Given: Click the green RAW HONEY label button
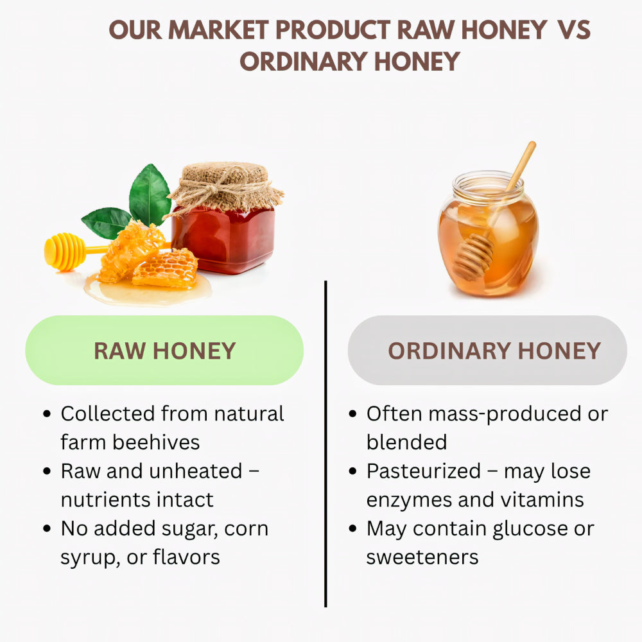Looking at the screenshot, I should pyautogui.click(x=164, y=351).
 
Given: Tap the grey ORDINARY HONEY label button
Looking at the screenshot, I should pyautogui.click(x=487, y=351).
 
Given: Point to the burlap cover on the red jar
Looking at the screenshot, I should pyautogui.click(x=225, y=183).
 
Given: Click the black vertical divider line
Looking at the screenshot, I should pyautogui.click(x=325, y=443).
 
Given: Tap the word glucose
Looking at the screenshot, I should pyautogui.click(x=537, y=528).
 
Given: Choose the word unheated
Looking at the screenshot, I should pyautogui.click(x=195, y=471).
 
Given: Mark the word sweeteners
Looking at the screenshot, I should pyautogui.click(x=422, y=557).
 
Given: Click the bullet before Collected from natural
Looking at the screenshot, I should pyautogui.click(x=47, y=414).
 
